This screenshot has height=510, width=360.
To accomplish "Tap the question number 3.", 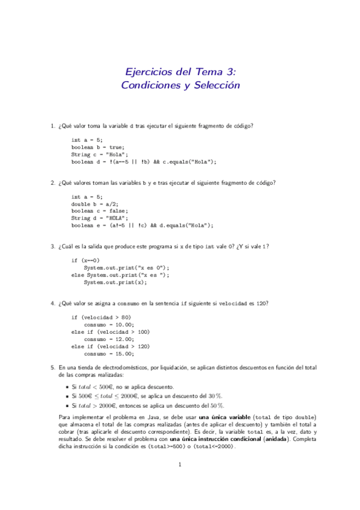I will pos(53,246).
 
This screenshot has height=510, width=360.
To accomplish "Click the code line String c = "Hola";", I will pos(96,154).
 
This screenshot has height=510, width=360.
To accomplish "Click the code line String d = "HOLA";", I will pos(96,218).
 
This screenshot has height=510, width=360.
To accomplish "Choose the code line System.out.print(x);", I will pos(114,282).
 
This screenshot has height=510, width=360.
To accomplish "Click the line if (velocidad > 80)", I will pos(101,317).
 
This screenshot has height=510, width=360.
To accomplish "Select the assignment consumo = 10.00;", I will pos(111,324).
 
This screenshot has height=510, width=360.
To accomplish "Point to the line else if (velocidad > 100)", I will pos(111,331).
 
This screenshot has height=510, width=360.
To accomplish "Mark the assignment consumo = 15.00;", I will pos(111,353).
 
